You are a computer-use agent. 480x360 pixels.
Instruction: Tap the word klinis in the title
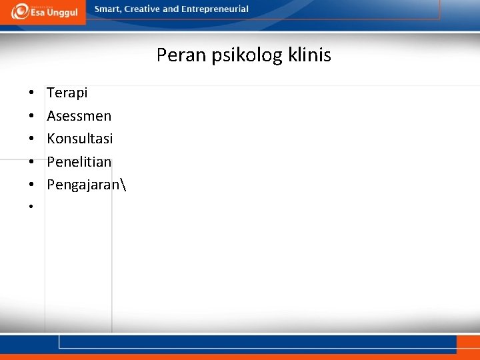310,55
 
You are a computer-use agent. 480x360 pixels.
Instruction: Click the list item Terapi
67,93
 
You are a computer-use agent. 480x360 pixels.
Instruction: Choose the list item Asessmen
79,116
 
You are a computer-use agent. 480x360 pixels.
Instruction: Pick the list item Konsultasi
79,139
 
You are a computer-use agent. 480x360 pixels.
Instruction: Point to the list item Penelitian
79,162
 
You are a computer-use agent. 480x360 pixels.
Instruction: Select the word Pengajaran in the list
84,185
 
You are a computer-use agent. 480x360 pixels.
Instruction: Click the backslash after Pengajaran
124,185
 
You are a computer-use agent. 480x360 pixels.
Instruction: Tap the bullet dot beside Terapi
31,93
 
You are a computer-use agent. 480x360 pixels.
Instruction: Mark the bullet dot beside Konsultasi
31,139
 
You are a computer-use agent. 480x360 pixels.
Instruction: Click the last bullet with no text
31,207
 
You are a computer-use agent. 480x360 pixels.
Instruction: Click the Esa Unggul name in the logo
53,13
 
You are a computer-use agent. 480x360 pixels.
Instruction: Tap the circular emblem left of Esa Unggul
19,11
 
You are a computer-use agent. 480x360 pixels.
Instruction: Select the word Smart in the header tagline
108,9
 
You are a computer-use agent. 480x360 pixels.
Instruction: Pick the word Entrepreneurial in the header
215,9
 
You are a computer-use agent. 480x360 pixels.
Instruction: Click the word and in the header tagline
171,9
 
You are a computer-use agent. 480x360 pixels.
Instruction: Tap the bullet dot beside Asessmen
31,117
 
